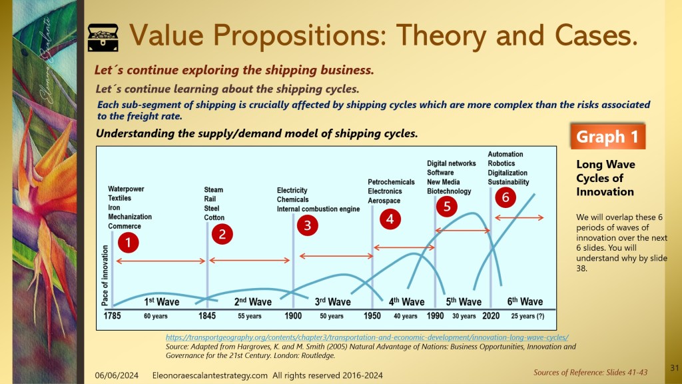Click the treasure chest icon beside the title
coord(103,37)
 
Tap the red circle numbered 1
coord(129,243)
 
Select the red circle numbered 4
coord(390,219)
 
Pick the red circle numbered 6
coord(506,197)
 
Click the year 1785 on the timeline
coord(112,315)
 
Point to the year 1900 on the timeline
coord(293,315)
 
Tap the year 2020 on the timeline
coord(491,315)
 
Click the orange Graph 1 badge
coord(607,137)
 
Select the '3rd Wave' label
coord(333,301)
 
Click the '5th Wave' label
coord(464,301)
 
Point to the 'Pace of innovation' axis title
coord(105,275)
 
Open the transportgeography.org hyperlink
coord(367,337)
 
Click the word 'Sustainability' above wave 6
coord(508,182)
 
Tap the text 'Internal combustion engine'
coord(318,209)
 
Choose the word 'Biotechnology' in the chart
coord(449,191)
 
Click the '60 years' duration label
coord(156,316)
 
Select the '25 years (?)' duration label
coord(527,316)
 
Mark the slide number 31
coord(675,368)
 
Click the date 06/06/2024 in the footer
coord(117,375)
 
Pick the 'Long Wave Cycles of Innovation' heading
coord(605,178)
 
